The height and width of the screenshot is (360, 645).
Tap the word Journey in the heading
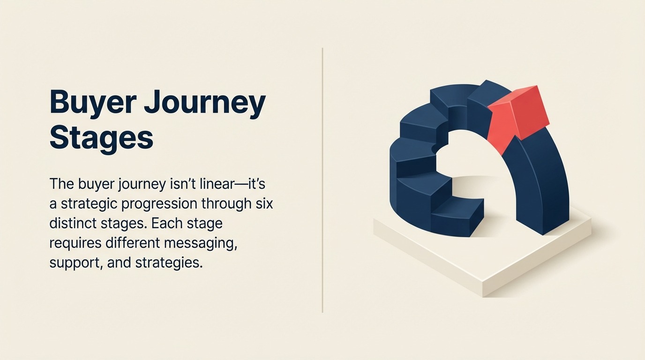pyautogui.click(x=204, y=104)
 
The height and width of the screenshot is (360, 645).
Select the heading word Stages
pyautogui.click(x=101, y=138)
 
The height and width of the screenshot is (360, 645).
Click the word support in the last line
pyautogui.click(x=75, y=262)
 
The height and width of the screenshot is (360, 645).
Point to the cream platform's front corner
pyautogui.click(x=483, y=288)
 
